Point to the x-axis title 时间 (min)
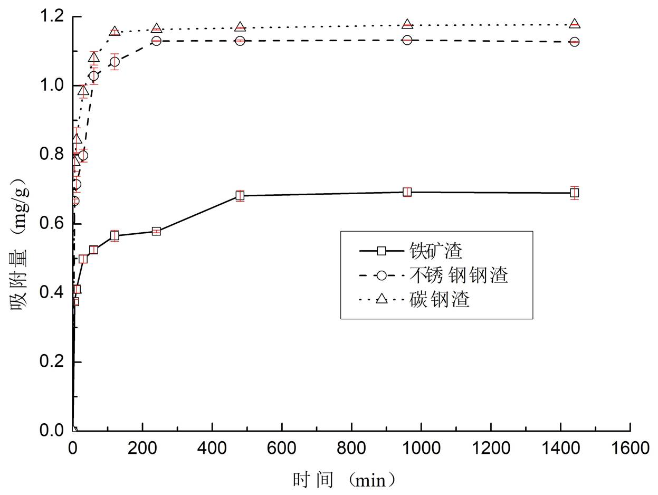tap(344, 480)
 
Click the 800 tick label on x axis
tap(351, 449)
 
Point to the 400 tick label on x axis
tap(212, 449)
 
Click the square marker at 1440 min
tap(574, 193)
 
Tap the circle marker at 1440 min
tap(574, 42)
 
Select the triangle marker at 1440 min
tap(574, 24)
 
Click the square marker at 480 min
tap(240, 196)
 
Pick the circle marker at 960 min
tap(407, 40)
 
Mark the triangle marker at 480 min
tap(240, 27)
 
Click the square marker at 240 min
tap(156, 231)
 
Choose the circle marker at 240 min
tap(156, 41)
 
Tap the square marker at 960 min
tap(407, 192)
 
